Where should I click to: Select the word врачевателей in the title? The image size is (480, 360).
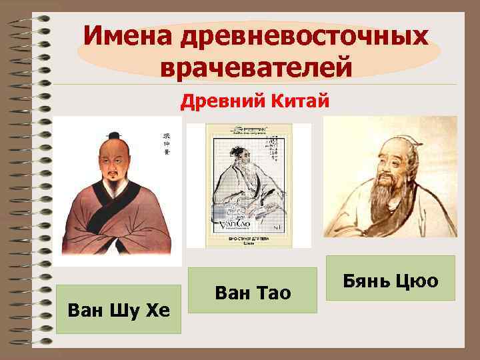257,67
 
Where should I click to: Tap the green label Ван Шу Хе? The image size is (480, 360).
119,309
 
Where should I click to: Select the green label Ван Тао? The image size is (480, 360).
253,291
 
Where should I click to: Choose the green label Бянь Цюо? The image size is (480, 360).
390,280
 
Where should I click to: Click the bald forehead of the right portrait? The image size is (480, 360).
390,143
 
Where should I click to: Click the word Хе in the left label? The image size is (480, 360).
157,309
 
